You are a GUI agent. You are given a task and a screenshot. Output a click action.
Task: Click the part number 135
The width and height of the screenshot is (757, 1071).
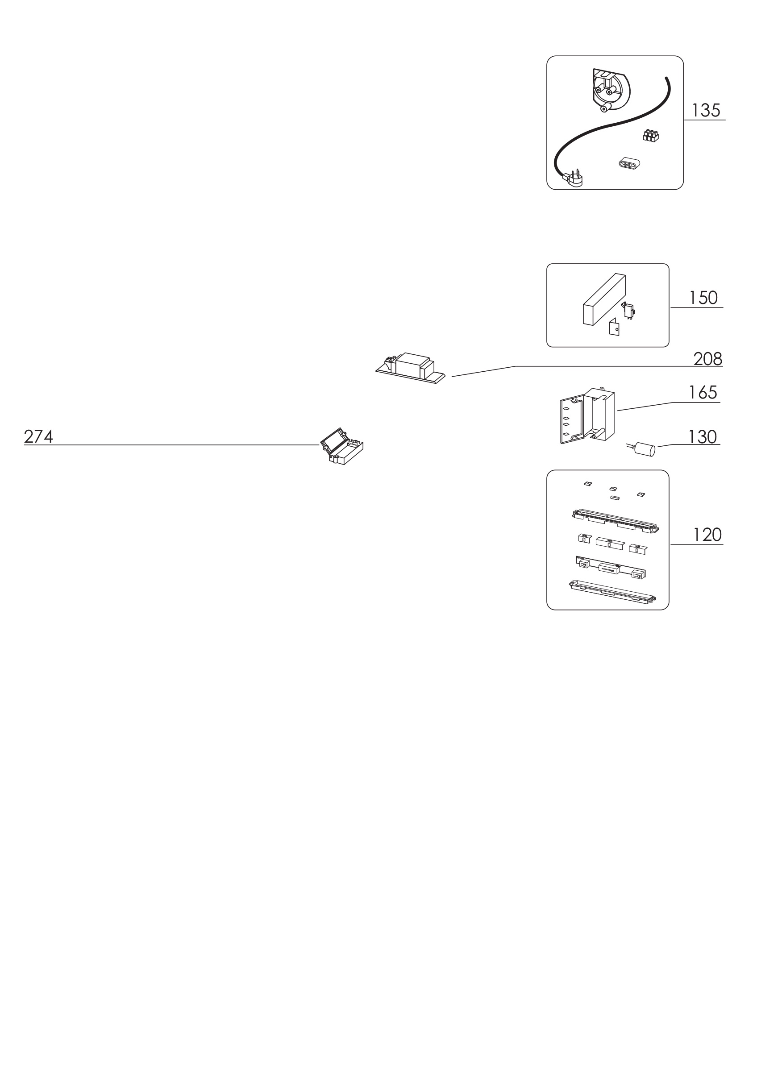click(x=706, y=111)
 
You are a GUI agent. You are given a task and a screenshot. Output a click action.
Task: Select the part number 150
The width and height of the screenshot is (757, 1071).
click(x=703, y=298)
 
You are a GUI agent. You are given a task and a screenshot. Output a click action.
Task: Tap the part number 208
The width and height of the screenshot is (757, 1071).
click(x=707, y=359)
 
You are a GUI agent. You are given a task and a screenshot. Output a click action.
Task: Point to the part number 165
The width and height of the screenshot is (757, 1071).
click(x=703, y=392)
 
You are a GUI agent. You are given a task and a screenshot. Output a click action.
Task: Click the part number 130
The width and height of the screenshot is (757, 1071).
click(x=703, y=436)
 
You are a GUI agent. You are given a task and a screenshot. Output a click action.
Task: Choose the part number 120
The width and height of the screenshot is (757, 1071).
click(x=707, y=535)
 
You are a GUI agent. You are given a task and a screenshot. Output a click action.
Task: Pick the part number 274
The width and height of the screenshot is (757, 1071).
click(x=39, y=436)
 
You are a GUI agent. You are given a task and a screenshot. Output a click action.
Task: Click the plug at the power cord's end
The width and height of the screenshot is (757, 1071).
click(x=573, y=178)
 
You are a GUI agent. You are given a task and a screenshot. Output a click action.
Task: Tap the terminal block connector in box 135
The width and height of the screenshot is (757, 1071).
click(x=651, y=136)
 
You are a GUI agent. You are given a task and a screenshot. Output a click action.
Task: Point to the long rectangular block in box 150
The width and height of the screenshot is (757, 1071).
click(x=604, y=299)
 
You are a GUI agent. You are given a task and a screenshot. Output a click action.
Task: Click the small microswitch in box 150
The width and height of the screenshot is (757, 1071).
click(x=629, y=311)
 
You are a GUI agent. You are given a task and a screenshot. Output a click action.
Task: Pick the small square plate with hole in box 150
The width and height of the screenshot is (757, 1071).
click(x=614, y=327)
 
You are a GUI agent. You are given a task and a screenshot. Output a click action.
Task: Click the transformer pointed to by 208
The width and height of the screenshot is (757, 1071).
click(x=411, y=368)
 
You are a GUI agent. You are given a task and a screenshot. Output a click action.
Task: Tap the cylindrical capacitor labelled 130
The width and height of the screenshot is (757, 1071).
click(x=641, y=449)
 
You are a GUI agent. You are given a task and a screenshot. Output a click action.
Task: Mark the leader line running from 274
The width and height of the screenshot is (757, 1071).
click(x=172, y=445)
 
